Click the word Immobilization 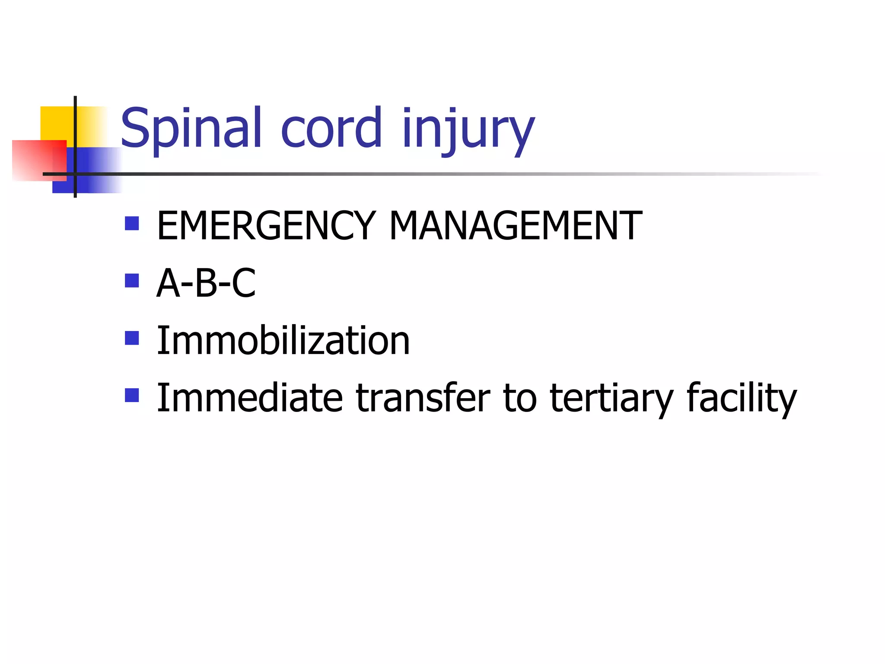click(283, 341)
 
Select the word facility click(741, 399)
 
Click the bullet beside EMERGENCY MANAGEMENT click(132, 223)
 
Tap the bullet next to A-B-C click(132, 281)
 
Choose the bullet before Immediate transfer click(132, 395)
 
